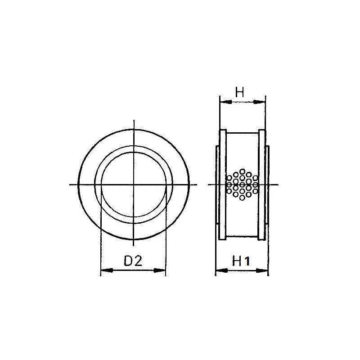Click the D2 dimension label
[x=133, y=261]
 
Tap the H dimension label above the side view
[x=239, y=93]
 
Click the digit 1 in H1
[x=247, y=261]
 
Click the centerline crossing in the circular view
[x=133, y=184]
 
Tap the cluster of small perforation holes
[x=242, y=184]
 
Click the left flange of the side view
[x=222, y=184]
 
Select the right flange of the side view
[x=262, y=184]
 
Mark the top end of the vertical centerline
[x=133, y=121]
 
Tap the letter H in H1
[x=237, y=261]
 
